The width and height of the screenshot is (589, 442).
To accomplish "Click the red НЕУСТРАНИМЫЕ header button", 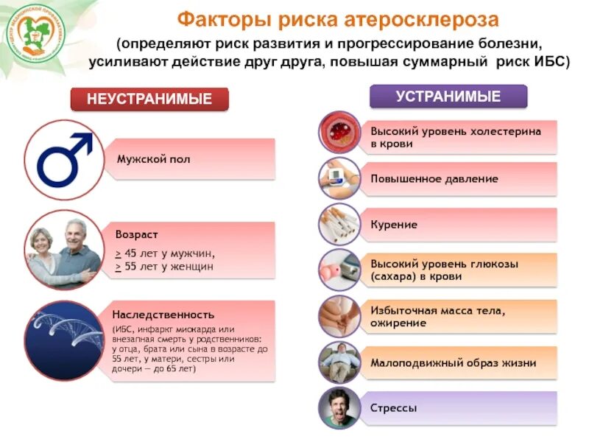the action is tap(149, 99).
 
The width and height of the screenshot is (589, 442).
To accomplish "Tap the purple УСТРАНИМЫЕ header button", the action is tap(448, 97).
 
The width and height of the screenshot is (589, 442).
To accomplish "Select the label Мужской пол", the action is tap(153, 159).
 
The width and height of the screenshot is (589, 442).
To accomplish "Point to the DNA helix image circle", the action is tap(64, 340).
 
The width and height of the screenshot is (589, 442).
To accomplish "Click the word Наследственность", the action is tap(163, 315).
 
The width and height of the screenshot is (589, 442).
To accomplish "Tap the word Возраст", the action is tap(136, 234).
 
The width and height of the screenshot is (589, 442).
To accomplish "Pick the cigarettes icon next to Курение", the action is tap(339, 224).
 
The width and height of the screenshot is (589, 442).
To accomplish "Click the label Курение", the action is tap(394, 225).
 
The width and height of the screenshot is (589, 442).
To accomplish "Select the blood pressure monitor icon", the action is tap(339, 178).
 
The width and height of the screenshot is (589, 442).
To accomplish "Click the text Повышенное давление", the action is tap(434, 179).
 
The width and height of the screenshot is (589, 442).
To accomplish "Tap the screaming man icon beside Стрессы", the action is tap(339, 407).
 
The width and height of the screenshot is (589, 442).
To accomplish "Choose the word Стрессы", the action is tap(394, 407).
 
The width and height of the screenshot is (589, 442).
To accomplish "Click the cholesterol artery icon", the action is tap(339, 133).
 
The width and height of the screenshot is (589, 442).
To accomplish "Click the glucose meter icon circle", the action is tap(339, 270).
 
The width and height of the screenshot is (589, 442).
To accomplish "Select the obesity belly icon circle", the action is tap(339, 315).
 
